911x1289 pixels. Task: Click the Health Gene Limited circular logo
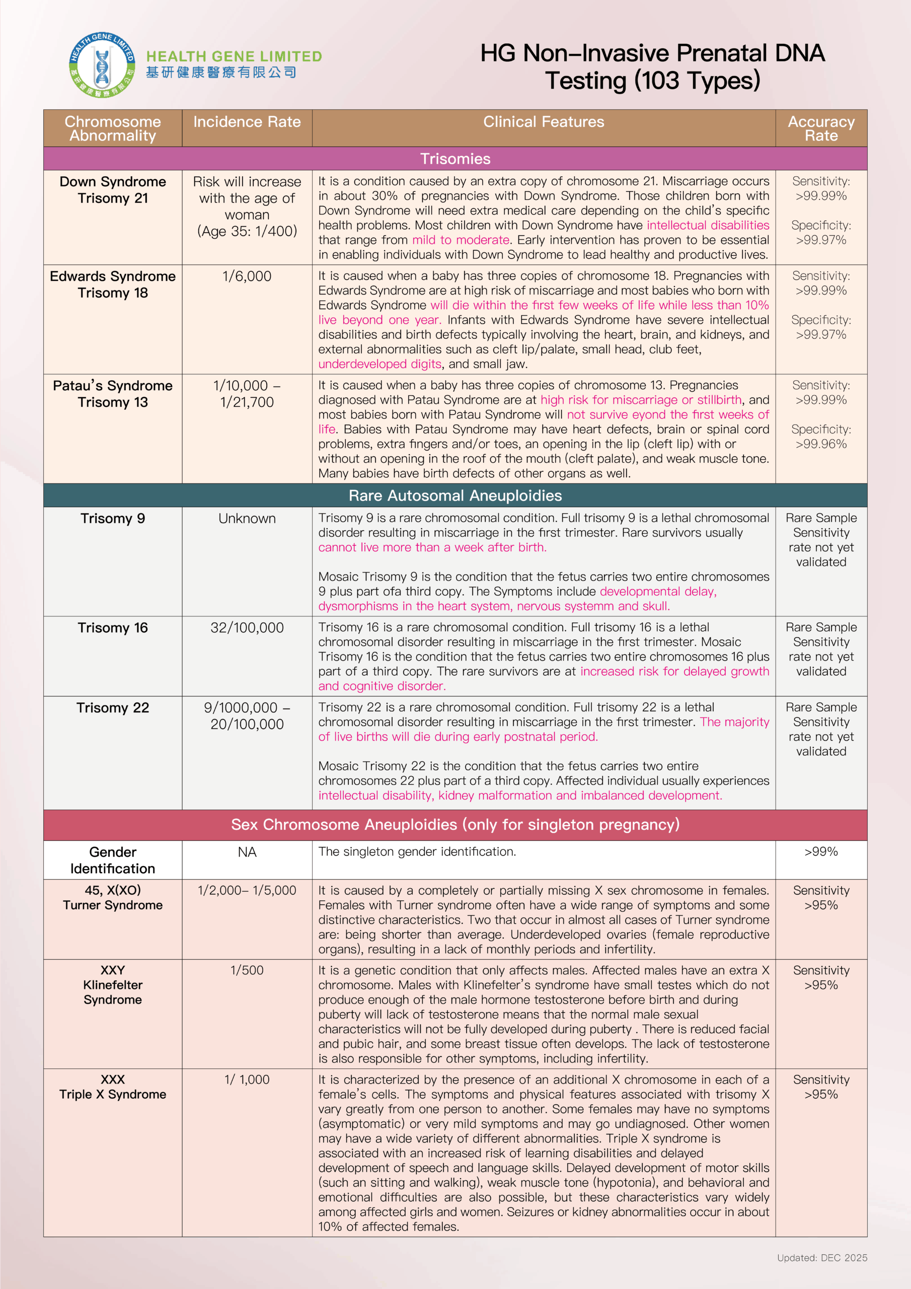102,65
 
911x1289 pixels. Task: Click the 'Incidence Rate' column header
247,122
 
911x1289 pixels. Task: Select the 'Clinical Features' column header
544,122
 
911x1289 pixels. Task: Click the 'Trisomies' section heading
455,159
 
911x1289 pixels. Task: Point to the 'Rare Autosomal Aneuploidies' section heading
455,495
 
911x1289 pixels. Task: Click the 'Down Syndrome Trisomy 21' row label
113,190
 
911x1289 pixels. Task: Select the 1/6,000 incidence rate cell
247,276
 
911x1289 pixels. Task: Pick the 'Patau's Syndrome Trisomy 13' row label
113,394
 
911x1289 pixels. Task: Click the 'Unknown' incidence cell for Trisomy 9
247,518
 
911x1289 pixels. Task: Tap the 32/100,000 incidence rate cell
247,628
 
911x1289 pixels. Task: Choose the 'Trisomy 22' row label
113,707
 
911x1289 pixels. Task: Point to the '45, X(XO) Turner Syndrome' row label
113,897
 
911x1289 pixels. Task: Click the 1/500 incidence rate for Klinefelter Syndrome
247,970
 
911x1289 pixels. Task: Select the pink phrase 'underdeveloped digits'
379,364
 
